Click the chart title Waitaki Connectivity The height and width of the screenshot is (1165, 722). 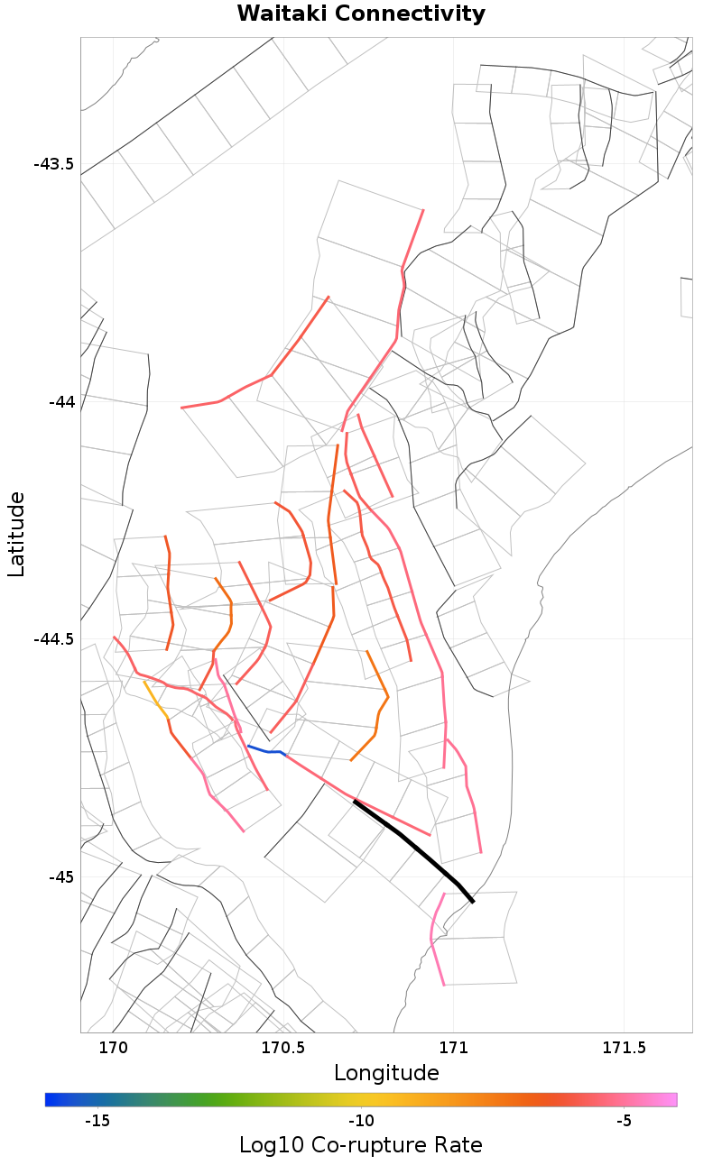click(x=361, y=14)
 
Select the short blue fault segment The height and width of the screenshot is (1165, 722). click(x=265, y=750)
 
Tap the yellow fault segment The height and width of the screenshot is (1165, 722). click(x=155, y=698)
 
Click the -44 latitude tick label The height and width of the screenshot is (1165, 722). click(x=60, y=401)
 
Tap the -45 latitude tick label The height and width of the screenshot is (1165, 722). click(x=60, y=876)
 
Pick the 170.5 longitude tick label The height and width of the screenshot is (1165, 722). click(x=282, y=1048)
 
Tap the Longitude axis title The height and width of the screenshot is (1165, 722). click(x=386, y=1073)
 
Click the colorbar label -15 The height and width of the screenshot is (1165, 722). click(x=97, y=1120)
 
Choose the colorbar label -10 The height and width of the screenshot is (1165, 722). click(x=361, y=1120)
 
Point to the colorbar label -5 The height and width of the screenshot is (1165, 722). click(x=624, y=1120)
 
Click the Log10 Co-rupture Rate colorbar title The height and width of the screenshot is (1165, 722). click(x=361, y=1145)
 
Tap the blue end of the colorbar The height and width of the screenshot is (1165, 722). click(x=51, y=1099)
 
